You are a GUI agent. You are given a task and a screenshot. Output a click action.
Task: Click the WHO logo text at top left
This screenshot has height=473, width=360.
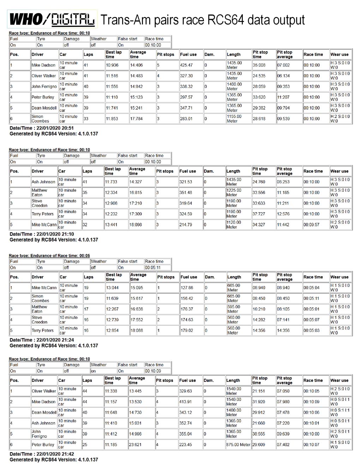(26, 19)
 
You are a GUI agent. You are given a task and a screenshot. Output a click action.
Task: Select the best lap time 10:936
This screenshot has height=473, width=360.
(112, 65)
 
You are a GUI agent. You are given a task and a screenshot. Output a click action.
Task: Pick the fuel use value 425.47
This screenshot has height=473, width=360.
(186, 65)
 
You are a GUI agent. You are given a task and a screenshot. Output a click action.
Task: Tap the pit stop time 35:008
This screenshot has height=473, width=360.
(259, 65)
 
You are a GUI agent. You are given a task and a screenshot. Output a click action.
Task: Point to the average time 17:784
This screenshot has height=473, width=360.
(136, 119)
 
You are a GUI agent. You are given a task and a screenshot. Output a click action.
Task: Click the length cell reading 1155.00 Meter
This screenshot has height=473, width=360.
(234, 119)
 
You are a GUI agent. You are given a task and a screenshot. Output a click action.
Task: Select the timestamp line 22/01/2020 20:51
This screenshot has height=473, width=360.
(42, 128)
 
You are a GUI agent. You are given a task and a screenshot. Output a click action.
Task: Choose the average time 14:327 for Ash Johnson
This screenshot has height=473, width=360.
(136, 182)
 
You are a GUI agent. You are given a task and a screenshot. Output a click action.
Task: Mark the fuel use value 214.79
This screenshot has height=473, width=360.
(186, 225)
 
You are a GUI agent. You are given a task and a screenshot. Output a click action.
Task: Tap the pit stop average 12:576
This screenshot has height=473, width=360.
(283, 214)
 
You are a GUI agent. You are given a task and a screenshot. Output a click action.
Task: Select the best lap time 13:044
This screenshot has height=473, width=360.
(112, 288)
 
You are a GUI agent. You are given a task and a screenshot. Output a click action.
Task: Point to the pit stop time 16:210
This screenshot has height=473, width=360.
(259, 309)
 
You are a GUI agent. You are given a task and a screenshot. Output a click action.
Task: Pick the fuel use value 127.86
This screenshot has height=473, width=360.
(187, 288)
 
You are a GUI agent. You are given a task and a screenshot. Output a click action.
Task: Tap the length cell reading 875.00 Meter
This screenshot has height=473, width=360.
(238, 445)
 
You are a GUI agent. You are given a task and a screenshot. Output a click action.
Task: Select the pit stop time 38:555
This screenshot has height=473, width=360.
(259, 434)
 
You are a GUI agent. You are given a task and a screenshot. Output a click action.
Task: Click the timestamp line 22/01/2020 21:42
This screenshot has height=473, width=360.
(42, 454)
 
